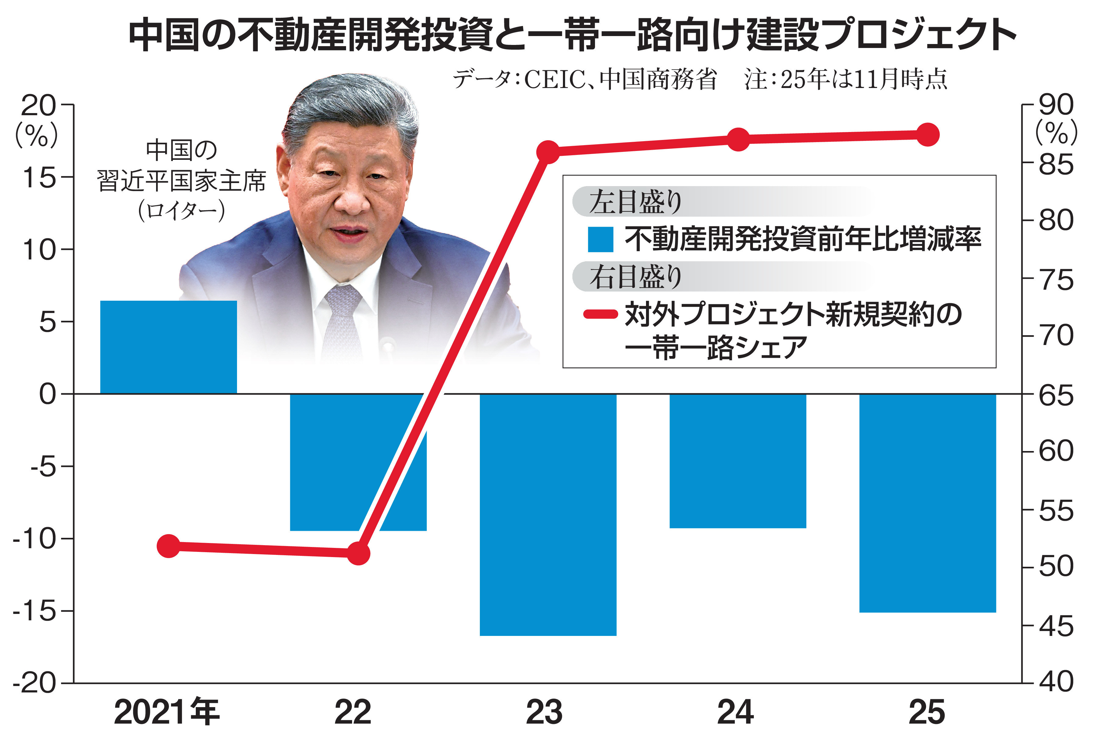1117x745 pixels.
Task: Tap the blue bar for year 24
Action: coord(738,461)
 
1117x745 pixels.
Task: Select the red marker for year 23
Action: coord(548,152)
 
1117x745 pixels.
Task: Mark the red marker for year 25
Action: coord(928,135)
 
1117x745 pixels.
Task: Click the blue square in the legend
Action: coord(600,239)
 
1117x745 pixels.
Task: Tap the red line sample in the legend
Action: coord(600,314)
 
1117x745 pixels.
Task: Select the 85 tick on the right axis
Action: coord(1056,164)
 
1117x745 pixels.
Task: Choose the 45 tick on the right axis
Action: coord(1056,626)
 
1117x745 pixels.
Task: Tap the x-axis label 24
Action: coord(735,712)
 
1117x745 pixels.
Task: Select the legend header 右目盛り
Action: coord(635,277)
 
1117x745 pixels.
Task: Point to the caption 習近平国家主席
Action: coord(181,181)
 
